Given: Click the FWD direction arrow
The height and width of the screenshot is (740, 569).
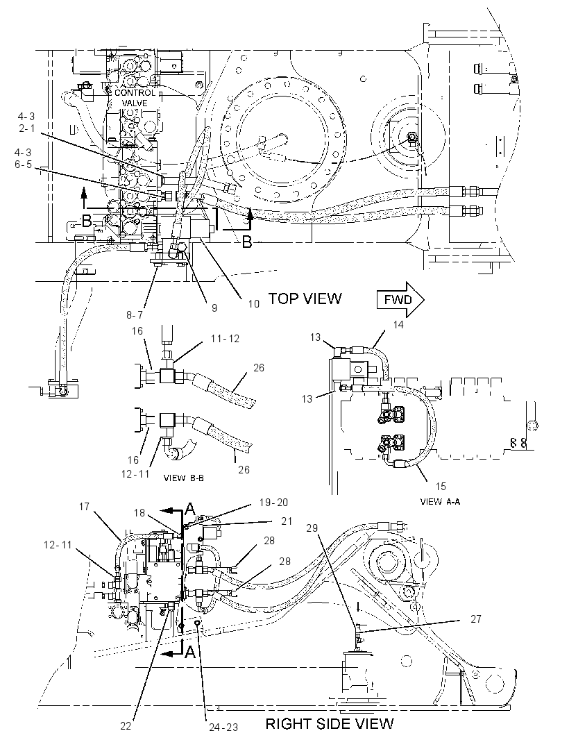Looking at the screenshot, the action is tap(400, 299).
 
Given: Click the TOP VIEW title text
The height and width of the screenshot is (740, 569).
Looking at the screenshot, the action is tap(305, 298).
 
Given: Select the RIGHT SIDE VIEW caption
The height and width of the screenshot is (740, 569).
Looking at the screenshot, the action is tap(330, 723).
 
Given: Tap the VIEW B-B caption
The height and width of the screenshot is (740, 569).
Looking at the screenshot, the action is tap(183, 478).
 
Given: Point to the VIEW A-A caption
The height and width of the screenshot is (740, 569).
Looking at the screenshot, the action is tap(440, 502).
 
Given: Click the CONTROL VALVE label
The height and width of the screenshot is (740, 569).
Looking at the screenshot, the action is tap(135, 98).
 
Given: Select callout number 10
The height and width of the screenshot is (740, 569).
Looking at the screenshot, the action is tap(254, 304).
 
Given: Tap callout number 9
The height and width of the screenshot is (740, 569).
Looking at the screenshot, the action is tap(214, 308).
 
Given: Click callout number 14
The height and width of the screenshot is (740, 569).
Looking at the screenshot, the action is tap(399, 325).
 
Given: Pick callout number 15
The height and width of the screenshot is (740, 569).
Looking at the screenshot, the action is tap(441, 486).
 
